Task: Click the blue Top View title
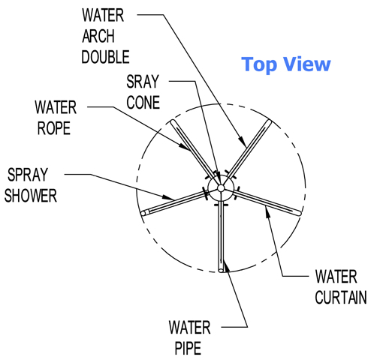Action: click(x=286, y=64)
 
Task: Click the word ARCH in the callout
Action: click(x=98, y=36)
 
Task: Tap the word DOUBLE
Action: click(x=105, y=57)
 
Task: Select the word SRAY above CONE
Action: click(x=143, y=82)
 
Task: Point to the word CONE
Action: click(x=143, y=102)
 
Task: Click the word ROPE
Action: click(x=54, y=128)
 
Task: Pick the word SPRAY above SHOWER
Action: click(x=28, y=175)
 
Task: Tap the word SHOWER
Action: click(x=31, y=195)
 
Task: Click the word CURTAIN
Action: click(x=341, y=297)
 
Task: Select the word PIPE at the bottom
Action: click(x=188, y=348)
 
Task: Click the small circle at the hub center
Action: click(x=221, y=187)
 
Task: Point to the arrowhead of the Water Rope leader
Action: click(x=184, y=146)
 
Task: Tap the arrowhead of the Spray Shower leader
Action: click(x=168, y=197)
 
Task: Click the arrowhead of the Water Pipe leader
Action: click(x=226, y=266)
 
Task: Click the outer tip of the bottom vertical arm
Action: click(x=221, y=271)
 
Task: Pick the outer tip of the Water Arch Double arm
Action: click(x=270, y=121)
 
